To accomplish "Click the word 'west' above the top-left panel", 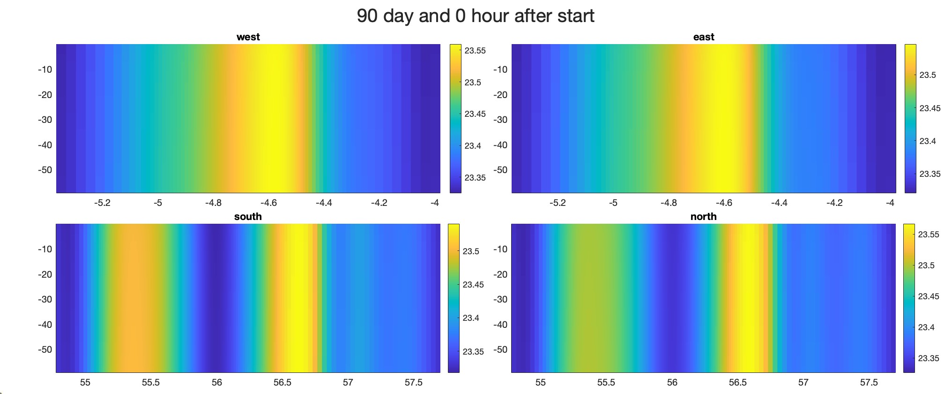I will [x=248, y=37].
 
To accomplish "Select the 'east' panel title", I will [x=703, y=37].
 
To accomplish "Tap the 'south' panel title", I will [x=248, y=217].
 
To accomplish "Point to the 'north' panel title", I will [x=703, y=217].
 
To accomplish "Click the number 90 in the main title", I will [x=367, y=16].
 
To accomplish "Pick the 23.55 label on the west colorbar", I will [x=475, y=51].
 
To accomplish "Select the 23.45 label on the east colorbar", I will [x=930, y=108].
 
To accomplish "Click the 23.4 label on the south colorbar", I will [x=471, y=318].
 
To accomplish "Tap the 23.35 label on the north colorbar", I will [x=928, y=358].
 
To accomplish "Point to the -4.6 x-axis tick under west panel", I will [x=268, y=203].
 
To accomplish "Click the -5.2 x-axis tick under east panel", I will [x=558, y=203].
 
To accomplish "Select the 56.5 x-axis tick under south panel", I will [x=282, y=383].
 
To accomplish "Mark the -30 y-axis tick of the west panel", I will [x=45, y=120].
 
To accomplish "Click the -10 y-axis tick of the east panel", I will [x=500, y=69].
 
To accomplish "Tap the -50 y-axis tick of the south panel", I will [x=45, y=349].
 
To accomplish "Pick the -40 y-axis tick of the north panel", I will [x=500, y=325].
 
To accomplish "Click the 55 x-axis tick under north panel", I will [x=540, y=383].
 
